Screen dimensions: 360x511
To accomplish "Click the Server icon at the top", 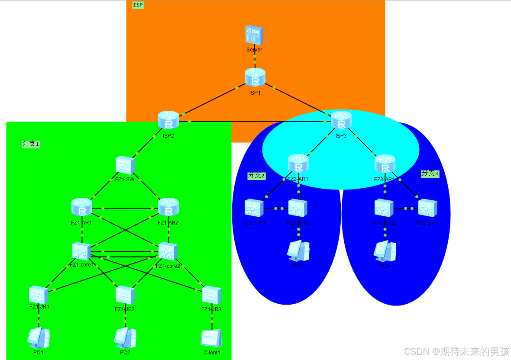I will point(254,35).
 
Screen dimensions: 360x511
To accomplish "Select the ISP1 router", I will point(255,78).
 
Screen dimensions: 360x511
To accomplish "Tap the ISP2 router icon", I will point(168,120).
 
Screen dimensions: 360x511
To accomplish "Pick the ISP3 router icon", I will point(341,120).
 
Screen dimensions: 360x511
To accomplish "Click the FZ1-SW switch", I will point(125,165).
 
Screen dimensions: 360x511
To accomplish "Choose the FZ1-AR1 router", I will point(82,207).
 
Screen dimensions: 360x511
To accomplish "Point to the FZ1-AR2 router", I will point(168,207).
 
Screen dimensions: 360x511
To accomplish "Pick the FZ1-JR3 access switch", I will point(212,295).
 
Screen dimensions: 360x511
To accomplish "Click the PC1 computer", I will point(39,338).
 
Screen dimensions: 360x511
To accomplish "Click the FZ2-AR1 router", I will point(298,164).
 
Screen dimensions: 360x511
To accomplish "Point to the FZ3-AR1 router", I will point(385,164).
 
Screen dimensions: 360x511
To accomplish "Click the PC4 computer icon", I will point(385,251).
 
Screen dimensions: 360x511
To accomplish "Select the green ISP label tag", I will point(138,5).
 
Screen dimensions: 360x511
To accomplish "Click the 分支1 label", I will point(31,144).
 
